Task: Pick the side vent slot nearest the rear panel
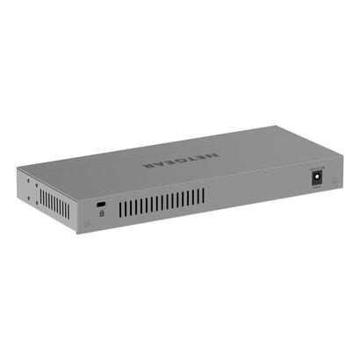click(68, 211)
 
